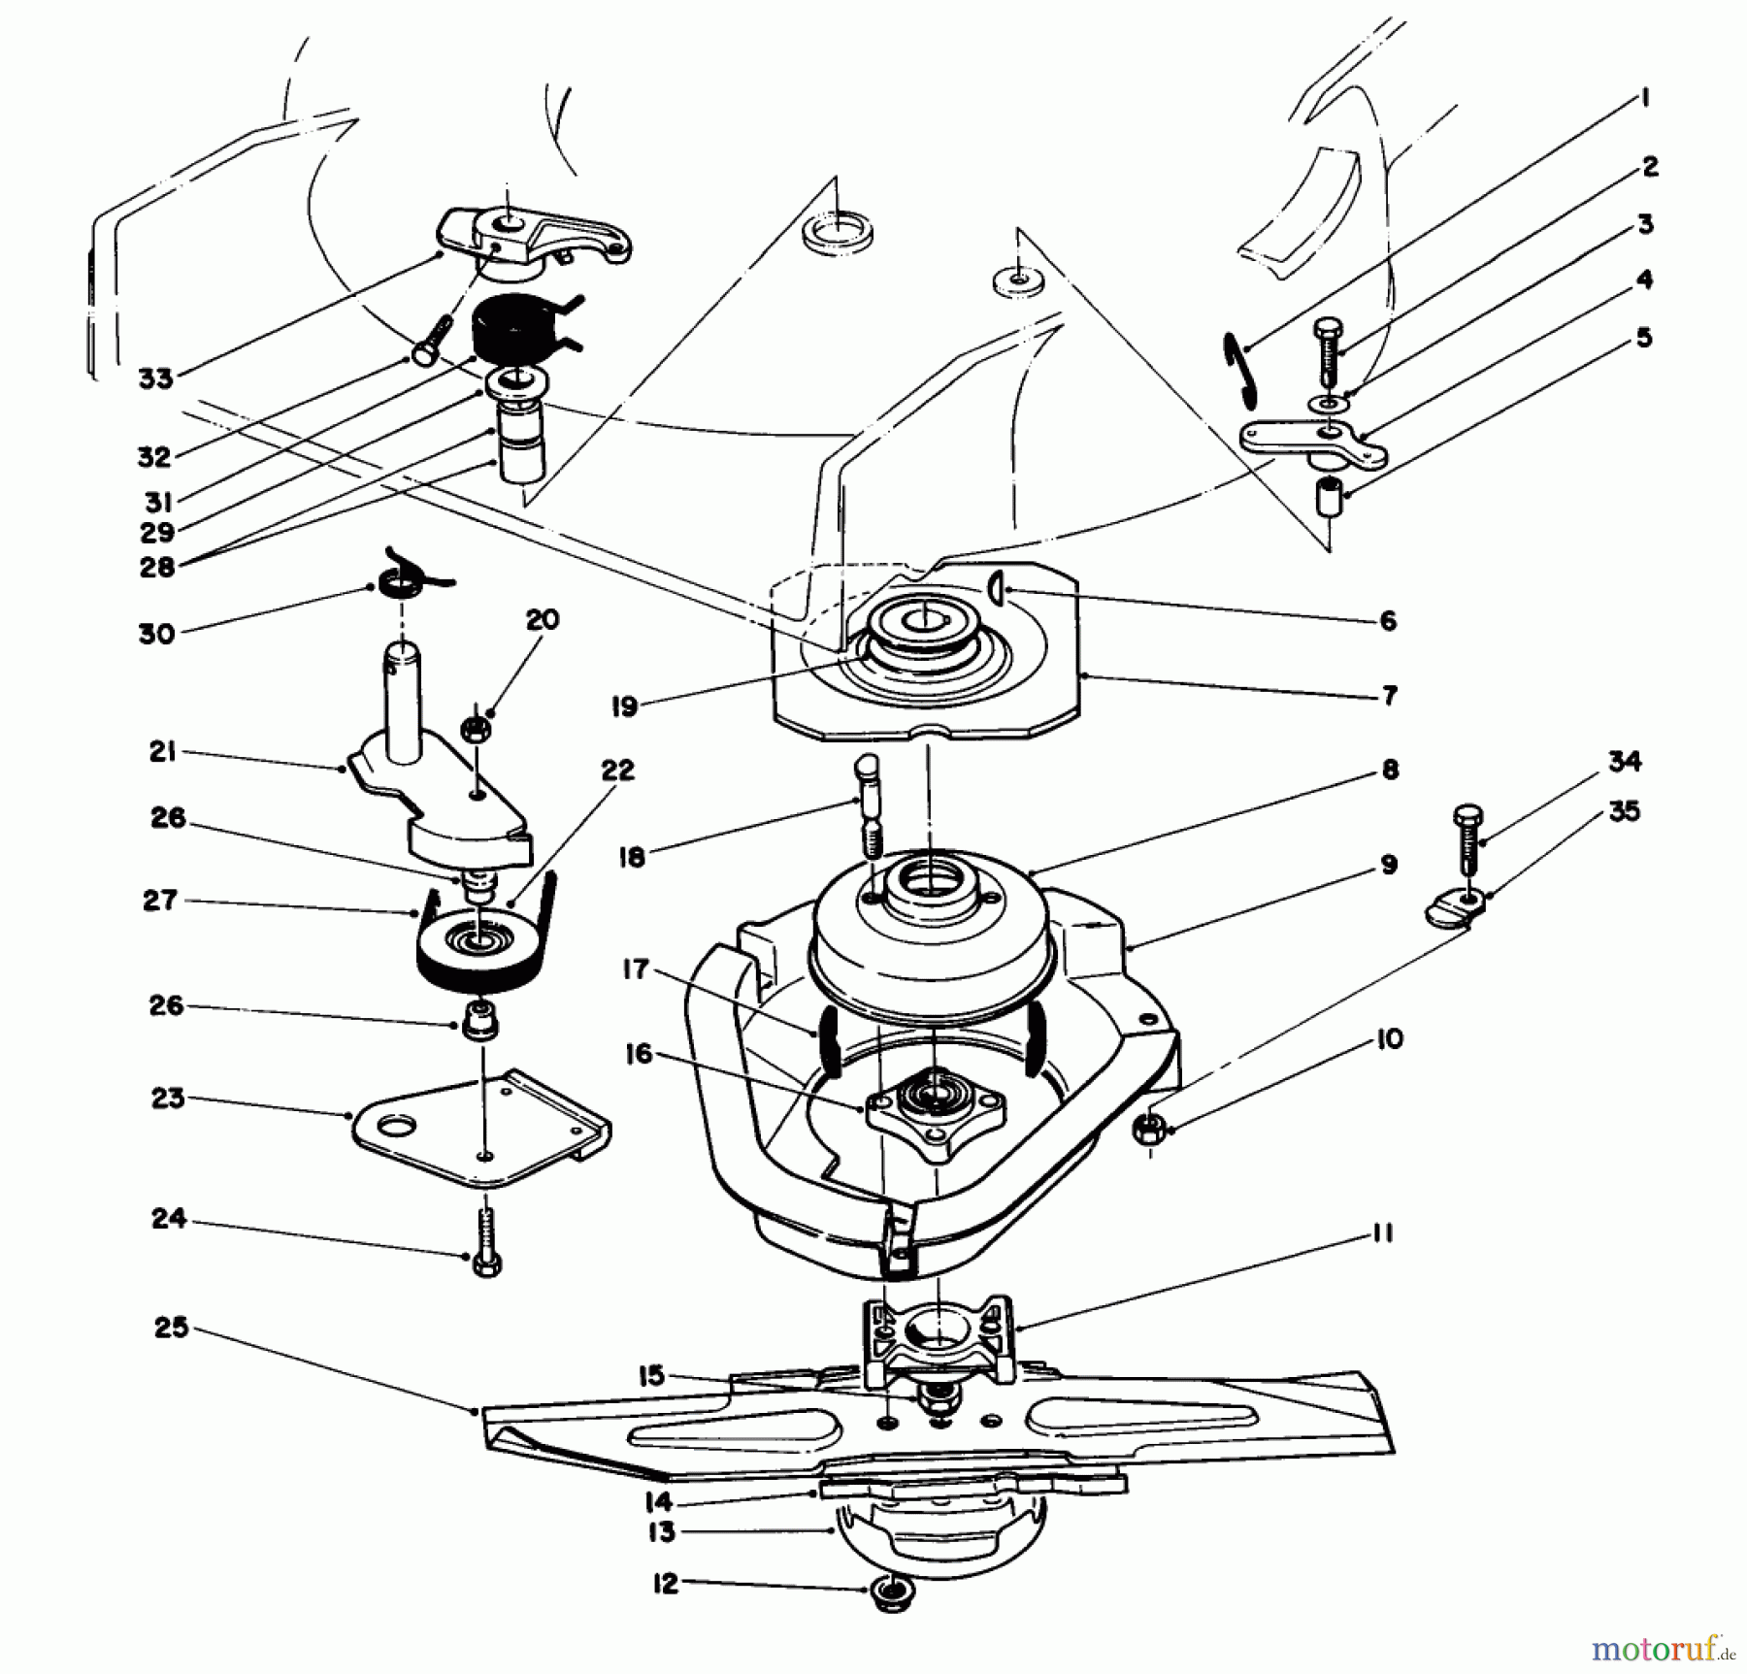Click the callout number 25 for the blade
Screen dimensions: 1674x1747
(171, 1328)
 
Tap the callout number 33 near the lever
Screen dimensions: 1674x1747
(156, 378)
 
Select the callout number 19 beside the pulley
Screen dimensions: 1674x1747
(625, 706)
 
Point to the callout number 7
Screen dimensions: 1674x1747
(1389, 695)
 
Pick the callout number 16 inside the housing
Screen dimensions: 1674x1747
(639, 1054)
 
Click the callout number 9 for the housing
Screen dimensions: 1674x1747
(1389, 864)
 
